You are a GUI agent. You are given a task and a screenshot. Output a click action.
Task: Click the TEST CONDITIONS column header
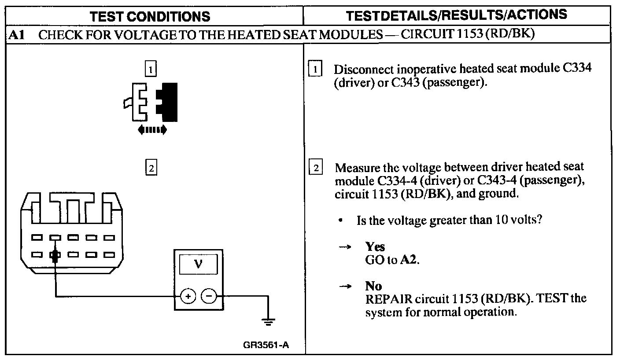tap(150, 17)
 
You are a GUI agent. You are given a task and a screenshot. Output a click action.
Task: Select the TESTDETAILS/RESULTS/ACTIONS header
tap(457, 15)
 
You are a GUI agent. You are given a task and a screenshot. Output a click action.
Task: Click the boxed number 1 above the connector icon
tap(151, 69)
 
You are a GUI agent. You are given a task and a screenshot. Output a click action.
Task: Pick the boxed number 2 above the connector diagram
tap(151, 168)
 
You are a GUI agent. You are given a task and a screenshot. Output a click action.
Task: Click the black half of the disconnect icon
tap(169, 102)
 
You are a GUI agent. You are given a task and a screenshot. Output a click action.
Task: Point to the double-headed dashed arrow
tap(152, 129)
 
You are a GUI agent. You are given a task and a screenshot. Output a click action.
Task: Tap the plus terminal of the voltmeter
tap(188, 296)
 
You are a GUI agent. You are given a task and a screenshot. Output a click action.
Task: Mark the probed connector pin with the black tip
tap(55, 256)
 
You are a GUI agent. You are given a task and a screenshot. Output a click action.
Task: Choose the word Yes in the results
tap(375, 247)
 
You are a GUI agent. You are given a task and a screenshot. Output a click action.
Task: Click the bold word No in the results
tap(373, 287)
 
